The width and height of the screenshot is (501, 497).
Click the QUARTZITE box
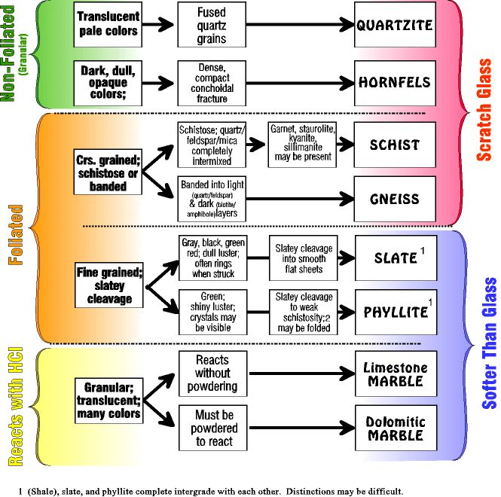pos(395,25)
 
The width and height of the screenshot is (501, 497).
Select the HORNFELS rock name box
pos(395,83)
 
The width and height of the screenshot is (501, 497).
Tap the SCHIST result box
pos(395,145)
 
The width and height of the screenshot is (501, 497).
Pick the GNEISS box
pos(395,199)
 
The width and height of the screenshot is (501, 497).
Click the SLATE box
pos(396,258)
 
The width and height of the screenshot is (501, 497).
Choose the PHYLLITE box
pos(396,312)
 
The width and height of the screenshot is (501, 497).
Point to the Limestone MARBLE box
pos(396,374)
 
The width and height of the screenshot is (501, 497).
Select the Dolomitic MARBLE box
pos(396,428)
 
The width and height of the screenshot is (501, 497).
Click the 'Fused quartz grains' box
pos(212,25)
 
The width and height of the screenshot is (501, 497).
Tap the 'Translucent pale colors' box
pos(108,25)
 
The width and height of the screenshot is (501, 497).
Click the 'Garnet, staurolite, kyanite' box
pos(302,145)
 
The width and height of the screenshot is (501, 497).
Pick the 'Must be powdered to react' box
pos(213,428)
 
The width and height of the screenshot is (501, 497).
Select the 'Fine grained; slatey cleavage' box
pos(109,285)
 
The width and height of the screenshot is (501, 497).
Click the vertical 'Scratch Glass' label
pos(484,109)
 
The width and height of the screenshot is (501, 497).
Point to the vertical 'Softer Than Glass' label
pos(489,343)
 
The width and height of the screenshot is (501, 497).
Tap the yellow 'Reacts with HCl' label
pos(15,407)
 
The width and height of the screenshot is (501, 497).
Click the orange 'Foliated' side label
pos(16,235)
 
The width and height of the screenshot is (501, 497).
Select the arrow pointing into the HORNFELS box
pos(300,83)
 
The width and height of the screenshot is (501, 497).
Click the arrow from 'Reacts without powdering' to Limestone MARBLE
pos(302,374)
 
